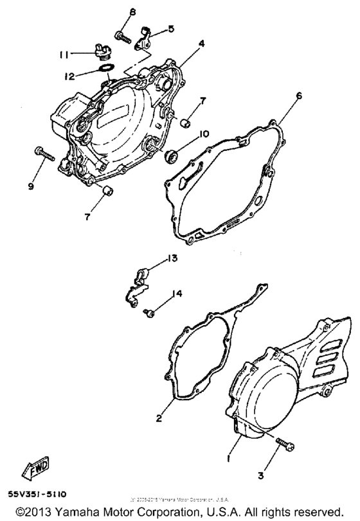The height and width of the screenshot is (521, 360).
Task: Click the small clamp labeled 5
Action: pyautogui.click(x=146, y=37)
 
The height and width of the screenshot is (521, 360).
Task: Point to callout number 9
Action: pyautogui.click(x=30, y=187)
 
